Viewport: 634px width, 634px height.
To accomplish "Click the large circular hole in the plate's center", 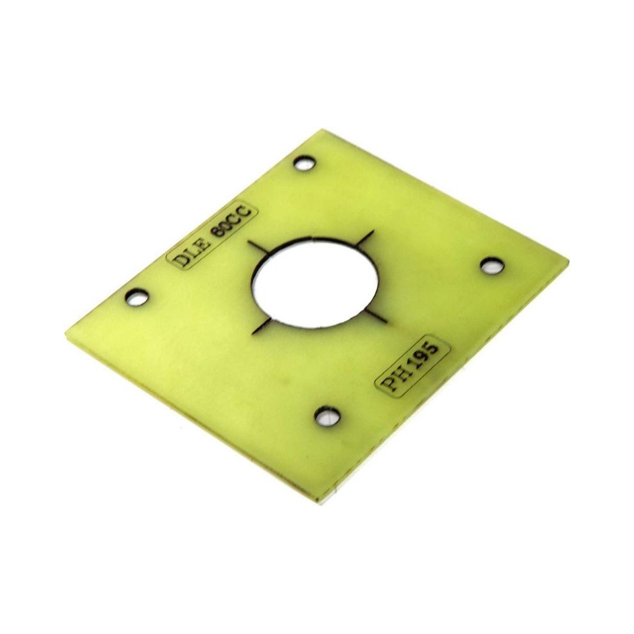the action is point(314,283).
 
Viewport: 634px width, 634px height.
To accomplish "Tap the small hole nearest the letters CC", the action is point(306,164).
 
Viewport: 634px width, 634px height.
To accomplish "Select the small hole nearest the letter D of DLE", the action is point(138,296).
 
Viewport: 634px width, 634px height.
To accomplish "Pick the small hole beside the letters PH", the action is point(328,416).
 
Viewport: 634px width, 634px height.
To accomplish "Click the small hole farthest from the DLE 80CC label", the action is point(493,265).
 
